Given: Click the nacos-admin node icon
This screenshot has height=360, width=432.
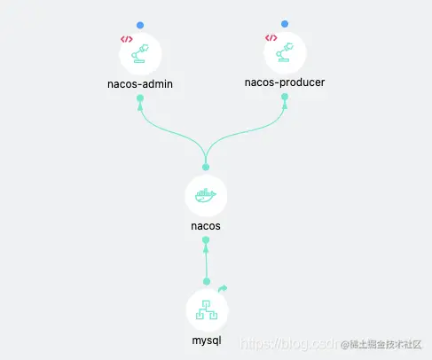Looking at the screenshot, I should pos(140,54).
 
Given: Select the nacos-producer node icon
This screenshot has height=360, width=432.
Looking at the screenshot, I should pos(285,54).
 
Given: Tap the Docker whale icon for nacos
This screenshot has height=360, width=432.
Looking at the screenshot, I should pos(206,196).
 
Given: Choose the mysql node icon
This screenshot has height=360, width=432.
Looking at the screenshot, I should pos(207,311).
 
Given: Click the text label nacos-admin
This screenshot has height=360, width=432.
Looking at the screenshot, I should pos(140,84).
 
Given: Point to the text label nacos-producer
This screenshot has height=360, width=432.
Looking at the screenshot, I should pos(285,82).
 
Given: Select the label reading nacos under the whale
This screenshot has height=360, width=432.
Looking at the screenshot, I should pos(206,225).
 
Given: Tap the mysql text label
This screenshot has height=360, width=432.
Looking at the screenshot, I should pos(207,340).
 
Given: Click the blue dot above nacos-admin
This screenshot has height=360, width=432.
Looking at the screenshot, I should pos(140,25).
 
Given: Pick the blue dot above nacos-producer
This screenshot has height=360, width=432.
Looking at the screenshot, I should pos(285,24).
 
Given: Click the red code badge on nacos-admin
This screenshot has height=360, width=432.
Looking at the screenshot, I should pos(125,39).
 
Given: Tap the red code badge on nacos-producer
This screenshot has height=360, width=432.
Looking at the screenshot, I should pos(271,38).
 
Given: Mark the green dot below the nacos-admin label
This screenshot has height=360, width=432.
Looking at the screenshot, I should pos(140,98).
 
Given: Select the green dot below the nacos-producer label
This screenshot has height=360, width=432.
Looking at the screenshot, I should pos(285,97).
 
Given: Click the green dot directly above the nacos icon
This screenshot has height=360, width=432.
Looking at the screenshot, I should pos(206,167).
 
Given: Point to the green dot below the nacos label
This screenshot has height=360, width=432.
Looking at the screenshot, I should pos(206,239).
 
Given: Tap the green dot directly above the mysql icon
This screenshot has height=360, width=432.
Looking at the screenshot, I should pos(207,281).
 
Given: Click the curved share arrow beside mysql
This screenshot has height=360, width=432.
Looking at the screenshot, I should pos(223,288).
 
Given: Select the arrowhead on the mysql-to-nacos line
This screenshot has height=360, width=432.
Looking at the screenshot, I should pos(206,249).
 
